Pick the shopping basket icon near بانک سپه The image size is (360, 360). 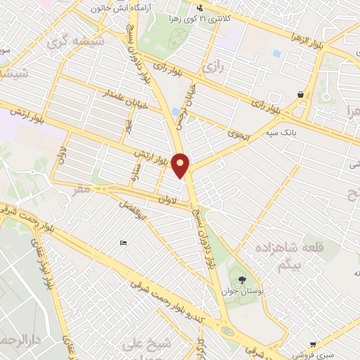302,94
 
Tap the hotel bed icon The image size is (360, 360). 124,243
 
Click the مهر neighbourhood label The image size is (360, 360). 82,190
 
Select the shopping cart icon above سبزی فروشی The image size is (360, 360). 312,345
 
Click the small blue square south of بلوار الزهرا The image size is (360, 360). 276,53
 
